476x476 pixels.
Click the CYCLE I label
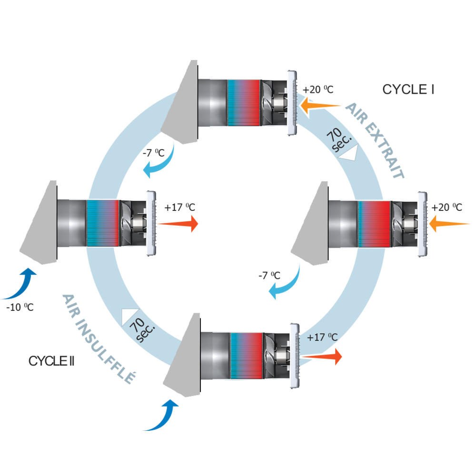pos(408,89)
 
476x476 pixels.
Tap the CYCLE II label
pos(51,360)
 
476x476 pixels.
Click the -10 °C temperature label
pos(20,307)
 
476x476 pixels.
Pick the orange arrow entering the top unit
pos(323,105)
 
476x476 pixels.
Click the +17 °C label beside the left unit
pos(179,208)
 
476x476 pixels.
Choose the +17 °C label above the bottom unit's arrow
pos(322,337)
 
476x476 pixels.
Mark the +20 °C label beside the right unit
pos(446,208)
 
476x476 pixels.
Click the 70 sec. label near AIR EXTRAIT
pos(338,140)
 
